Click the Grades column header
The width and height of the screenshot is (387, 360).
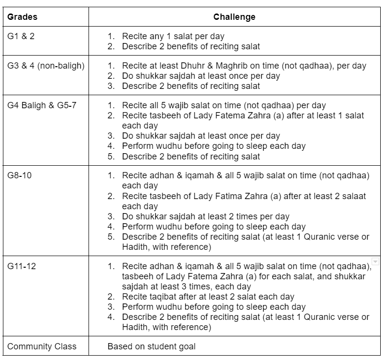22,17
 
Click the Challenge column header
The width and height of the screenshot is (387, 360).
235,17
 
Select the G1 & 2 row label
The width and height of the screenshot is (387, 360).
21,36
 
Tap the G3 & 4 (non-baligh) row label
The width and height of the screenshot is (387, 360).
46,66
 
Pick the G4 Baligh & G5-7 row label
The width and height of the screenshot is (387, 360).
42,105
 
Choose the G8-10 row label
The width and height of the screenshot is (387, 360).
19,175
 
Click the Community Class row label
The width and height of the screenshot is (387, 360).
42,346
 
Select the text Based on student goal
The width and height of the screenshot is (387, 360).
152,346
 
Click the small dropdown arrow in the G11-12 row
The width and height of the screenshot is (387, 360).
375,261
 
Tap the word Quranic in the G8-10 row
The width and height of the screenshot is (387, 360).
324,236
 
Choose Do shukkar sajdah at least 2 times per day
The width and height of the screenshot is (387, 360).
206,216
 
